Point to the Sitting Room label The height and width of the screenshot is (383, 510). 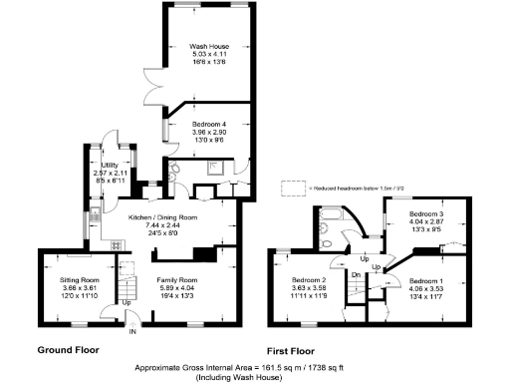click(80, 281)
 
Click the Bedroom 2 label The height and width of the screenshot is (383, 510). click(307, 280)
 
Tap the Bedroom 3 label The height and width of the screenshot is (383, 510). click(425, 214)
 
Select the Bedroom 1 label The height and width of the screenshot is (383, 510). click(426, 280)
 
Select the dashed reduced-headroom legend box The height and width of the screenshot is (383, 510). click(291, 187)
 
